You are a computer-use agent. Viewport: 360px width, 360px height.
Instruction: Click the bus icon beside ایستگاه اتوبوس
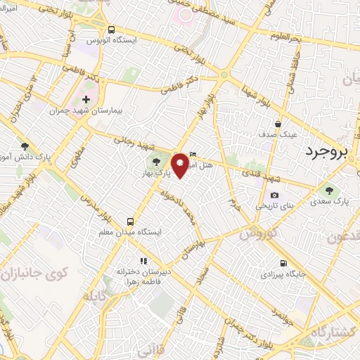pos(112,30)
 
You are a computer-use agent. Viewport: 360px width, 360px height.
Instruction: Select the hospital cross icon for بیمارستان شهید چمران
pos(86,100)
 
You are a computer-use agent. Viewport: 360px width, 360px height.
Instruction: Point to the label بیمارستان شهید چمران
pos(78,111)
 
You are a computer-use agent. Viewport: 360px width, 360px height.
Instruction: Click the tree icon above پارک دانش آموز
pos(25,146)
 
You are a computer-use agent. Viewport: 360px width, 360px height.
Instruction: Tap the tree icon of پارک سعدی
pos(328,190)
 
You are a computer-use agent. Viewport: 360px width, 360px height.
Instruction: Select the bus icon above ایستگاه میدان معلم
pos(129,220)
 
